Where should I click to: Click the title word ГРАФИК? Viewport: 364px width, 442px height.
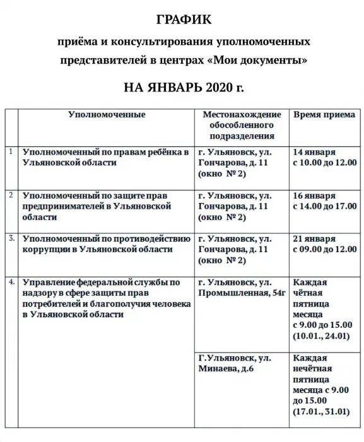coord(183,20)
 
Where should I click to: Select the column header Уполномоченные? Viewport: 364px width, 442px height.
coord(107,115)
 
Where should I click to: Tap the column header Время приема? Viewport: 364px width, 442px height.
coord(324,115)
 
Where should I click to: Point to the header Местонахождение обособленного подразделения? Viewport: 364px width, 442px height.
coord(242,125)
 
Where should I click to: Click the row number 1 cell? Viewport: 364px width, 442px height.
coord(11,151)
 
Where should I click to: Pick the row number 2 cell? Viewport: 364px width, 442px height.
coord(11,195)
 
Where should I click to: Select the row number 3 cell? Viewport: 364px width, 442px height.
coord(11,238)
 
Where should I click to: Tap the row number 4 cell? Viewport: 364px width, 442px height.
coord(11,281)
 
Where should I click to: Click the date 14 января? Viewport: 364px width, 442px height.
coord(314,153)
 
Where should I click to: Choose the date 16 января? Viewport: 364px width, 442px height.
coord(314,196)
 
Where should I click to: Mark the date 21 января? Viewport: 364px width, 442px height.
coord(314,239)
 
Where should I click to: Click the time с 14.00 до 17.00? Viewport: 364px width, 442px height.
coord(324,206)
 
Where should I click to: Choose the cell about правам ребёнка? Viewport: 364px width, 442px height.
coord(105,157)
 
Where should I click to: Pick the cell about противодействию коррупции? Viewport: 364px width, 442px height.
coord(105,244)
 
